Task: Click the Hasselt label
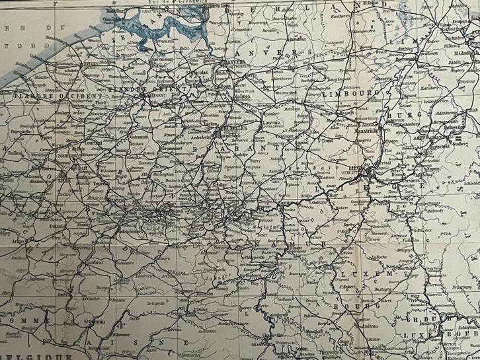click(x=342, y=113)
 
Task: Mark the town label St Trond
click(x=327, y=140)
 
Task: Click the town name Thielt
click(x=100, y=102)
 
